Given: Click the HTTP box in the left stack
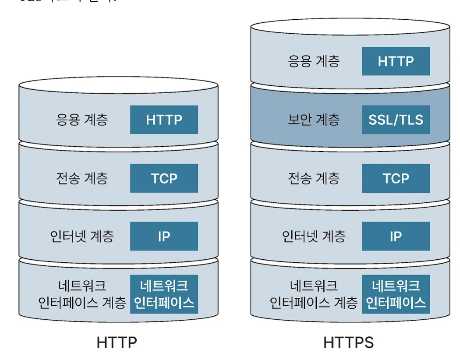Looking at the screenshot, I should (x=164, y=120).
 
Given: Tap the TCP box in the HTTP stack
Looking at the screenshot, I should (x=164, y=178).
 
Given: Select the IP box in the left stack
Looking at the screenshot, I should (x=164, y=236).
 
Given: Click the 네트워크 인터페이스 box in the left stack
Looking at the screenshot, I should (x=164, y=294).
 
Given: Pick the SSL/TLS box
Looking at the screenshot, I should (x=396, y=120).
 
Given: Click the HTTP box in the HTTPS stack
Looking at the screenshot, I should (x=396, y=61).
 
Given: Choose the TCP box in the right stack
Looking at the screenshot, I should (x=396, y=178).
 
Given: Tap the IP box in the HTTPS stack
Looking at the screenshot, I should (x=396, y=236).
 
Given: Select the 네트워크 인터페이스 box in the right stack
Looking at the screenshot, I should (x=396, y=294).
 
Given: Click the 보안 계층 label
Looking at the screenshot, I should (x=314, y=120).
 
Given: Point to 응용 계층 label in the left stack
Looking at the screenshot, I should (x=82, y=120).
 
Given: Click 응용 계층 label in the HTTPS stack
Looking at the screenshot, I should (x=314, y=61).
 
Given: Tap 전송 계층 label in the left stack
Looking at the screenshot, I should (x=82, y=178).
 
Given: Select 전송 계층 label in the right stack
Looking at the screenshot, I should (x=314, y=178).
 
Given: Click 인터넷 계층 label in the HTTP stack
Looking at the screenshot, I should (x=82, y=236).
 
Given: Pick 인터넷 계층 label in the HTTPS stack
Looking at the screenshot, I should (x=314, y=236).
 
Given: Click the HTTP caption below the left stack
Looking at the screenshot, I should (x=117, y=342).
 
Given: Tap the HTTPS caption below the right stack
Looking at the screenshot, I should (x=349, y=342).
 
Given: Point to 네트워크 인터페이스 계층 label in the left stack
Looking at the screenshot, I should (x=82, y=294).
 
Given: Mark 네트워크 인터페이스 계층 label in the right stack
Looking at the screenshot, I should (x=314, y=294).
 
